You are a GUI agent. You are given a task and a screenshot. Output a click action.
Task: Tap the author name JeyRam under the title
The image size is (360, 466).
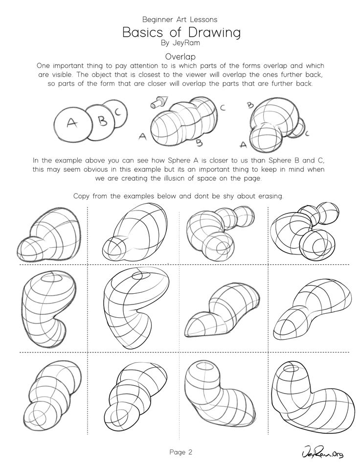[186, 43]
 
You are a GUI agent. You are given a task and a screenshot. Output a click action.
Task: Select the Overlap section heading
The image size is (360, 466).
[180, 56]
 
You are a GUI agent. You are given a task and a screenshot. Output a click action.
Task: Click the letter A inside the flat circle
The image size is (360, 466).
[71, 122]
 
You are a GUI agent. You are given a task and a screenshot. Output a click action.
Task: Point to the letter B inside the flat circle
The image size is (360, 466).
[103, 120]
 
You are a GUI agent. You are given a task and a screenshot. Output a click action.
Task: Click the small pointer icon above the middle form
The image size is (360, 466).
[159, 102]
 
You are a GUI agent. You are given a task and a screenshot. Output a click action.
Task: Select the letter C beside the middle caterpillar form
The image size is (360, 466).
[223, 108]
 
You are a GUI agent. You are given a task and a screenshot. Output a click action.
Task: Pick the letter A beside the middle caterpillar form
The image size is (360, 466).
[142, 137]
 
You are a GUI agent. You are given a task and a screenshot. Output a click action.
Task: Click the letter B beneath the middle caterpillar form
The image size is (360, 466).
[200, 143]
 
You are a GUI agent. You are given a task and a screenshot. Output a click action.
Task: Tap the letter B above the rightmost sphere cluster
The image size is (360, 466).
[250, 105]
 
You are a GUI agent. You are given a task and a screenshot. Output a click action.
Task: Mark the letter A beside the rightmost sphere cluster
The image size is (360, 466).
[243, 144]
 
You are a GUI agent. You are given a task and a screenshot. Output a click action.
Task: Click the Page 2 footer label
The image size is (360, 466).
[181, 452]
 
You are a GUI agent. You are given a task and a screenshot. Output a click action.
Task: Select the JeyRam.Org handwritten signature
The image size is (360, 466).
[322, 453]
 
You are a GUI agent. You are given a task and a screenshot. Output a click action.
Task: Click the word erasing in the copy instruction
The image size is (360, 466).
[270, 196]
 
